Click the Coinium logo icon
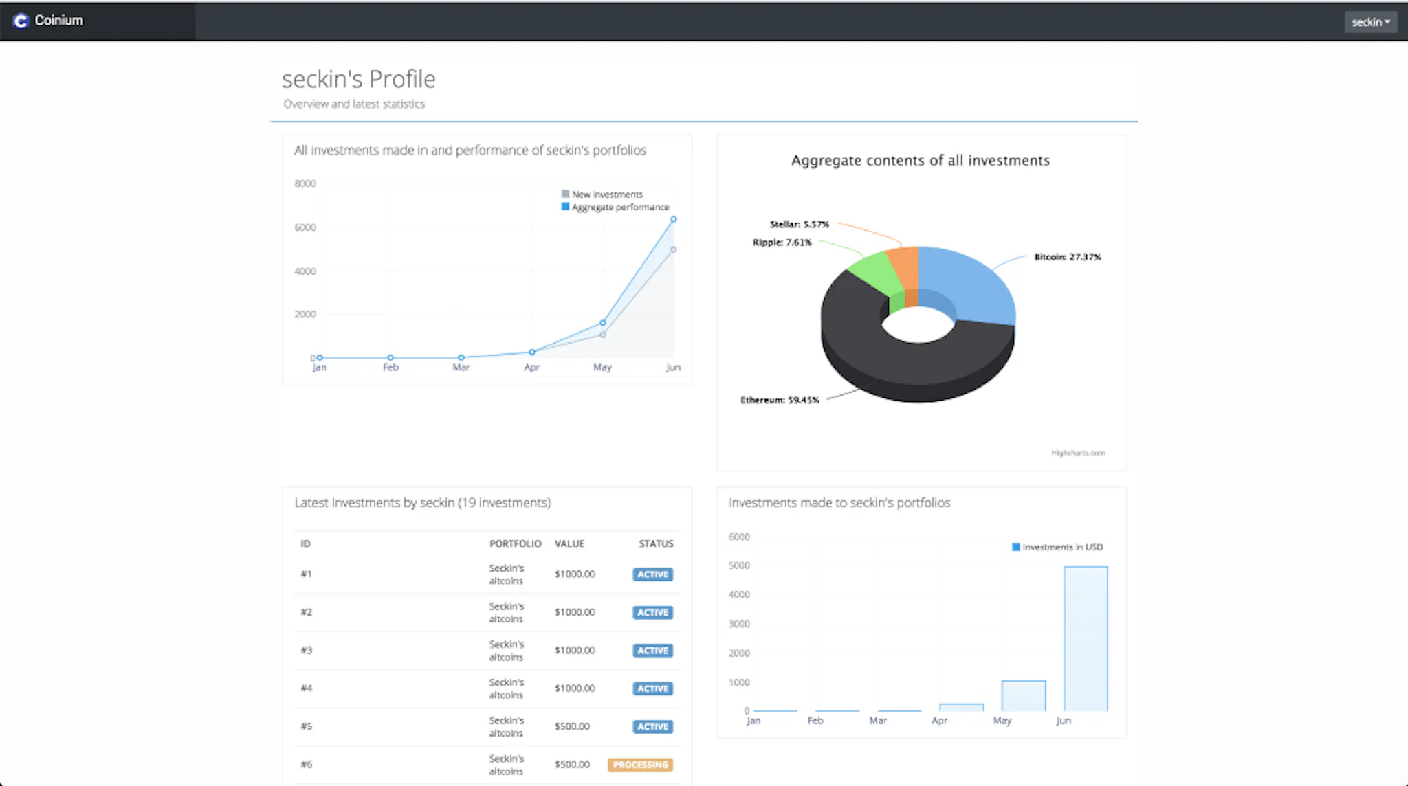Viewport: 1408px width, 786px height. (x=21, y=21)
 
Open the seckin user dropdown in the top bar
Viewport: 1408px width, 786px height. (x=1370, y=22)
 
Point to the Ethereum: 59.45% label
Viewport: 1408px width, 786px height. (x=780, y=400)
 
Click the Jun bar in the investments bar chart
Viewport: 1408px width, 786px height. (x=1086, y=638)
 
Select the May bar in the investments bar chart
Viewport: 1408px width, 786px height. (x=1024, y=695)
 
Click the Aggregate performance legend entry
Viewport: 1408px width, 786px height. (x=615, y=207)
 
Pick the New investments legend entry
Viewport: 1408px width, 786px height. (x=602, y=194)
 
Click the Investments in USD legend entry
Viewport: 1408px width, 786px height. (x=1057, y=547)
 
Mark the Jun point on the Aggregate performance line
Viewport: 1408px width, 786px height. (x=674, y=219)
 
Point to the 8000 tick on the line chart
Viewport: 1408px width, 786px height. (x=305, y=183)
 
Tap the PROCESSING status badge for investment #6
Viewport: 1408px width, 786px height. (x=640, y=765)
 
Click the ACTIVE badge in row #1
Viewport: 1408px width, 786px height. (x=652, y=574)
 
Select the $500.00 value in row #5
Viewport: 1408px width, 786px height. (x=572, y=726)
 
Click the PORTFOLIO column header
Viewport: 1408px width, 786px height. (x=516, y=543)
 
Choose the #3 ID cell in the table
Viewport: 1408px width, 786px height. (x=307, y=650)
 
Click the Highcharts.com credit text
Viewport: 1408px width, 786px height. (x=1078, y=453)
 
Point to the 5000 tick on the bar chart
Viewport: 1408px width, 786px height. (x=739, y=565)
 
